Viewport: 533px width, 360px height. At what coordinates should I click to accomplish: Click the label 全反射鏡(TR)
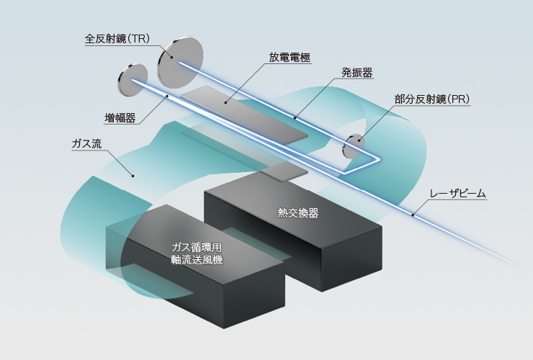[x=117, y=39]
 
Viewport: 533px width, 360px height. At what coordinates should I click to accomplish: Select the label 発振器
[x=357, y=72]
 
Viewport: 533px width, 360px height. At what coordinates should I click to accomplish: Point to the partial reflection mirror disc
[x=354, y=145]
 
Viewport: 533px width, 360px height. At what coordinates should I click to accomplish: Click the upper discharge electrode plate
[x=245, y=115]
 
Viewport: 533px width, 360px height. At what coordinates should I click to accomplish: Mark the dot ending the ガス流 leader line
[x=132, y=175]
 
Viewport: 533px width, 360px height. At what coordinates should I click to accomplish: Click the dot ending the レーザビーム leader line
[x=413, y=214]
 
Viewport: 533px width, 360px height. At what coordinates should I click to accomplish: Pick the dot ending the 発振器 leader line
[x=295, y=116]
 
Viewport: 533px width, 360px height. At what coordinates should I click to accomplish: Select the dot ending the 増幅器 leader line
[x=167, y=95]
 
